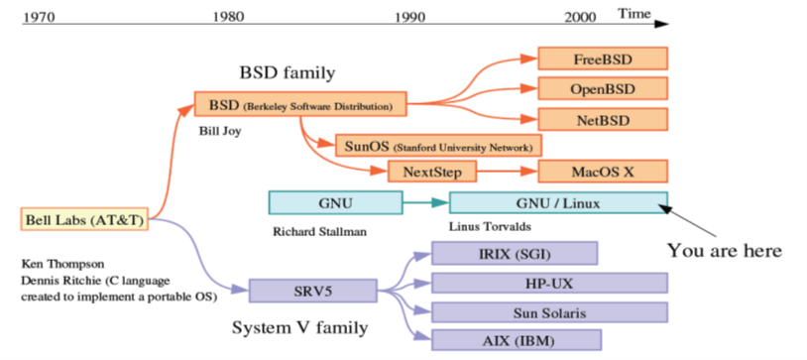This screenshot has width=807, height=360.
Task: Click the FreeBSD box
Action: pyautogui.click(x=603, y=59)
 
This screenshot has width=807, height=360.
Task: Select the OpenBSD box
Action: pyautogui.click(x=603, y=88)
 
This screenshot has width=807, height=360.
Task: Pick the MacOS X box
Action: pyautogui.click(x=603, y=172)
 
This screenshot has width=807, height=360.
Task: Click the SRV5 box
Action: pyautogui.click(x=312, y=291)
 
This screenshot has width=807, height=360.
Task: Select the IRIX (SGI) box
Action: pyautogui.click(x=514, y=254)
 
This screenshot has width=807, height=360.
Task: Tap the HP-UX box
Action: pyautogui.click(x=548, y=284)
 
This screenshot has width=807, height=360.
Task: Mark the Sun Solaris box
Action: pyautogui.click(x=548, y=313)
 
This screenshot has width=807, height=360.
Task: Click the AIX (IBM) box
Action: pyautogui.click(x=514, y=341)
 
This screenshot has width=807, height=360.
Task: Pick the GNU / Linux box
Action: pyautogui.click(x=558, y=202)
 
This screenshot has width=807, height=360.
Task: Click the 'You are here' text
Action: pyautogui.click(x=724, y=250)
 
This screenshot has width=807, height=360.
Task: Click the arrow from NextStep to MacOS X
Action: pyautogui.click(x=507, y=172)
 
